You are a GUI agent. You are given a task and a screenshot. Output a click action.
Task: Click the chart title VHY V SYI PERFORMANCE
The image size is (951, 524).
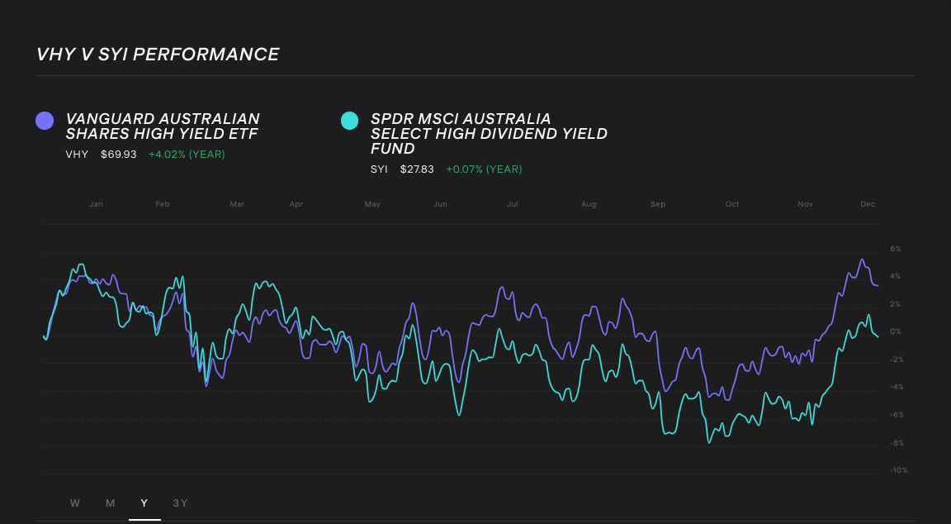click(158, 55)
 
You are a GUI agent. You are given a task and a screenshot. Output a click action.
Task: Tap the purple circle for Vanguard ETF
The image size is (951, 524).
click(45, 121)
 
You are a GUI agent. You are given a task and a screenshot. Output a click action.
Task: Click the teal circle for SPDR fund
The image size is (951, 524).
click(349, 121)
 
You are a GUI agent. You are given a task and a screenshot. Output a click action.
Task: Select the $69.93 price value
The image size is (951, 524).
click(119, 155)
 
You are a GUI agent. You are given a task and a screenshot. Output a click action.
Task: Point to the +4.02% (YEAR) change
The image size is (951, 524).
click(187, 155)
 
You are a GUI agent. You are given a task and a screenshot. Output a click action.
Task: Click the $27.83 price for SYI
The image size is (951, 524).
click(417, 169)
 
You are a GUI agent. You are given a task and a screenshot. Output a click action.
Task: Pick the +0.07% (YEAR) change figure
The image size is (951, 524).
click(484, 169)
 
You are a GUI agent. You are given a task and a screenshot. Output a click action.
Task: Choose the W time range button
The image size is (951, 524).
click(75, 503)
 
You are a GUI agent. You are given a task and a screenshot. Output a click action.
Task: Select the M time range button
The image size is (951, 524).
click(111, 503)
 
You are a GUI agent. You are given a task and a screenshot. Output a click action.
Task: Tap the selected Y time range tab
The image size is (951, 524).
click(144, 503)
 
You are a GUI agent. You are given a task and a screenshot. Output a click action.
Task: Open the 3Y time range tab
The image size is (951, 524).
click(180, 503)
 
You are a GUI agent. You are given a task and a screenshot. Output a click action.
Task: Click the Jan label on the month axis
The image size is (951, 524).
click(96, 204)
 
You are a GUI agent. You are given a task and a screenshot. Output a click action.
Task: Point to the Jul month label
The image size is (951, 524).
click(513, 204)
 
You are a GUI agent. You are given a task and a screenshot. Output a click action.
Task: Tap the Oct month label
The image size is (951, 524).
click(732, 204)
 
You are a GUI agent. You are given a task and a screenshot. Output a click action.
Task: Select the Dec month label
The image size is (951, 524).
click(868, 204)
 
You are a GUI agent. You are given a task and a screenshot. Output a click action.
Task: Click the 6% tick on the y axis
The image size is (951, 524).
click(895, 249)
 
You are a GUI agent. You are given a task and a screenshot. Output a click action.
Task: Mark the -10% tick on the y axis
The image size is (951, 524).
click(898, 470)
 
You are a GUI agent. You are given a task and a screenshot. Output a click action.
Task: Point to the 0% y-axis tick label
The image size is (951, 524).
click(895, 331)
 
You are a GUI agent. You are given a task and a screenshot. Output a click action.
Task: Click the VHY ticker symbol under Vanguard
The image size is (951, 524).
click(77, 155)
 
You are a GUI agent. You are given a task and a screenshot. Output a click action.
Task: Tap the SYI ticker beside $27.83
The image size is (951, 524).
click(379, 169)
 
